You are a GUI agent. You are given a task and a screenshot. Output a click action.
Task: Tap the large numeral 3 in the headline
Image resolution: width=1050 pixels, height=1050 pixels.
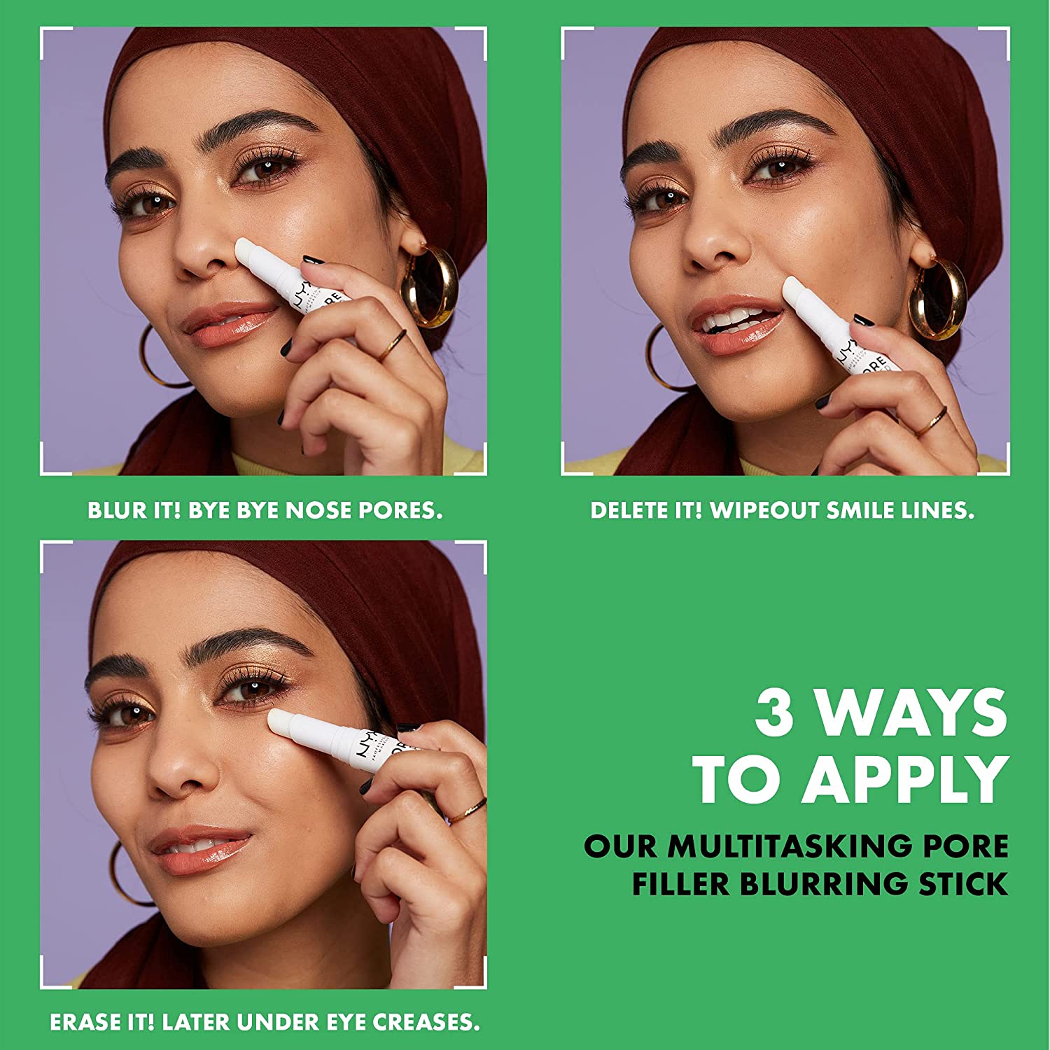pos(775,712)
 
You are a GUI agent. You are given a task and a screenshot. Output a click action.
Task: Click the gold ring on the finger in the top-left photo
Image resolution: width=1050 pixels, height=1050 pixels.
pos(393,344)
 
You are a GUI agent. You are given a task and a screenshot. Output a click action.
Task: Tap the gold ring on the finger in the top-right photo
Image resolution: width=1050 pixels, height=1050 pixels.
pos(932,421)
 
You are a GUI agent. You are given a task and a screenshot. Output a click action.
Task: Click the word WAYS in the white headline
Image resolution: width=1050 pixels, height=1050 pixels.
pos(912,712)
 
